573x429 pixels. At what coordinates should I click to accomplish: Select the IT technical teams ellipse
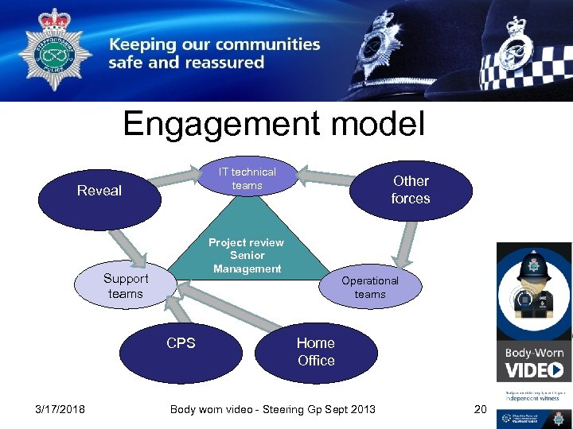(247, 178)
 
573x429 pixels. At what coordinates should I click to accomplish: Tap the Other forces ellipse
(410, 190)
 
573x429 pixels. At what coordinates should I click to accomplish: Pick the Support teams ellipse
(125, 286)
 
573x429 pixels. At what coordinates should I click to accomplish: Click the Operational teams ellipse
(370, 287)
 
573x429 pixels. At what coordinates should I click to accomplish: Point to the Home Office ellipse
(316, 352)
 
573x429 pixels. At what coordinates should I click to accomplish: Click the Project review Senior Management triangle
(247, 246)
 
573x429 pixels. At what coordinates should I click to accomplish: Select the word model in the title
(381, 125)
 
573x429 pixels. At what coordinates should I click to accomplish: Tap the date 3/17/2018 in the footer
(60, 409)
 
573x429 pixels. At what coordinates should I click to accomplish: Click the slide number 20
(479, 409)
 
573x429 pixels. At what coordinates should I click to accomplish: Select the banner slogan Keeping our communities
(215, 45)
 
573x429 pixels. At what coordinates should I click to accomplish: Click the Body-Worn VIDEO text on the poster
(534, 362)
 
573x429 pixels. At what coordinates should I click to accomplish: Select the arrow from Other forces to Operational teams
(405, 243)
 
